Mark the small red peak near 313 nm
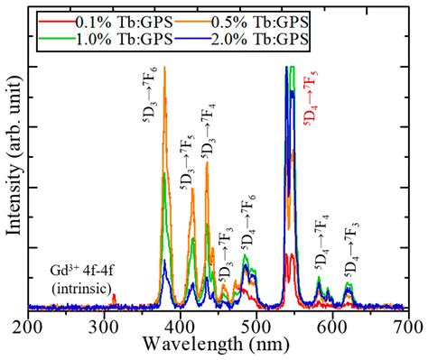click(x=114, y=297)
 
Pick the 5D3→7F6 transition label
click(x=154, y=90)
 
